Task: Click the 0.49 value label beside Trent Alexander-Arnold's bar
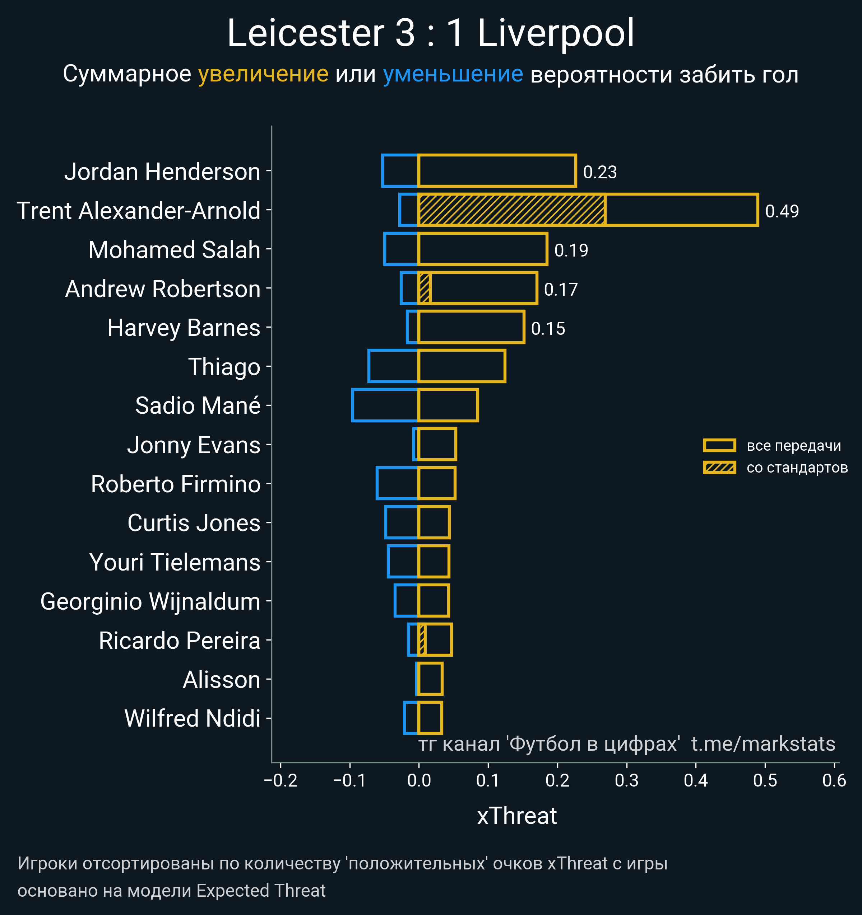[x=782, y=211]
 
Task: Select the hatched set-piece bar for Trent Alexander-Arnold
[x=511, y=210]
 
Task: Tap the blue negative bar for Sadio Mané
[x=385, y=405]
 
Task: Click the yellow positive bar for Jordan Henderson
[x=497, y=171]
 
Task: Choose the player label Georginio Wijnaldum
[x=150, y=601]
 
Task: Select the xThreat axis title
[x=516, y=816]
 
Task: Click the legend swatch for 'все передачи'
[x=719, y=445]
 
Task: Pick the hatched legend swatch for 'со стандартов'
[x=719, y=468]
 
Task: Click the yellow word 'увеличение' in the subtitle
[x=263, y=74]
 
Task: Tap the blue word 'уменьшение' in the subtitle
[x=453, y=74]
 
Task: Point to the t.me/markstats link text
[x=763, y=744]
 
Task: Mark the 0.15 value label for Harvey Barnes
[x=548, y=329]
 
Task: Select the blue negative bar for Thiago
[x=393, y=366]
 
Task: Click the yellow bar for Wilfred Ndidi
[x=430, y=718]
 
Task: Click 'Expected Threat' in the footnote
[x=261, y=891]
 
